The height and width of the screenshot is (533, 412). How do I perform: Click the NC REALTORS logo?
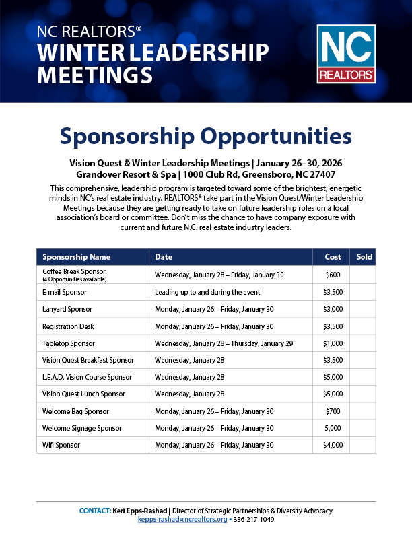click(x=346, y=53)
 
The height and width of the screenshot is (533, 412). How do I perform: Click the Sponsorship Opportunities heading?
click(x=205, y=137)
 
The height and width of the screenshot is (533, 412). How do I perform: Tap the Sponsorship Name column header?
click(x=76, y=257)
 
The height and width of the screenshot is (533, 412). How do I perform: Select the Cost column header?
click(x=333, y=257)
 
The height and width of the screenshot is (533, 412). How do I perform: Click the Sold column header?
click(x=364, y=257)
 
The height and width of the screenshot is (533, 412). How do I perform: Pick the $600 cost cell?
click(x=333, y=275)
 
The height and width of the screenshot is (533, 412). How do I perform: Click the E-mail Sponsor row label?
click(x=65, y=292)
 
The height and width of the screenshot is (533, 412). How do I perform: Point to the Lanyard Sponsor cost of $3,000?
click(x=333, y=309)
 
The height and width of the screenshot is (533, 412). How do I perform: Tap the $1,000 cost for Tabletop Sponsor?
click(x=333, y=343)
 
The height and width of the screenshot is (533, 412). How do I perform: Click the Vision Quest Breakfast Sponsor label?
click(x=88, y=360)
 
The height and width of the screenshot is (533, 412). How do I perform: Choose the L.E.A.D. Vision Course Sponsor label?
click(x=87, y=377)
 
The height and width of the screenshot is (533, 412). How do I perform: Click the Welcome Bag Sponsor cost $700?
click(x=333, y=411)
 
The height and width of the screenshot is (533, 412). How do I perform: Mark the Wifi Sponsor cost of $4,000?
click(x=333, y=445)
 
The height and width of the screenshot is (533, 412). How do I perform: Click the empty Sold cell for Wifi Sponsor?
click(x=363, y=445)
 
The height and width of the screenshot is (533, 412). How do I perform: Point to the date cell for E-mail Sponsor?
click(x=207, y=292)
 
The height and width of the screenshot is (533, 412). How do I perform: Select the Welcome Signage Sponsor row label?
click(x=81, y=428)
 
